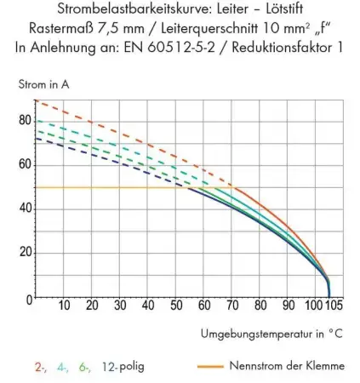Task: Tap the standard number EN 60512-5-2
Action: pos(194,46)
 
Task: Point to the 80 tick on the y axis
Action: pos(25,120)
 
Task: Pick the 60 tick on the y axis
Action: pos(25,164)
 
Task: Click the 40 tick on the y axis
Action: pos(25,209)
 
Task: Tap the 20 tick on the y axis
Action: pos(25,253)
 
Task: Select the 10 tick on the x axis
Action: pos(64,306)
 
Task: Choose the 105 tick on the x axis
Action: pos(333,306)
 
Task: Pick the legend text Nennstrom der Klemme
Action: pos(286,366)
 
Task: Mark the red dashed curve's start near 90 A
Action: pos(37,101)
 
